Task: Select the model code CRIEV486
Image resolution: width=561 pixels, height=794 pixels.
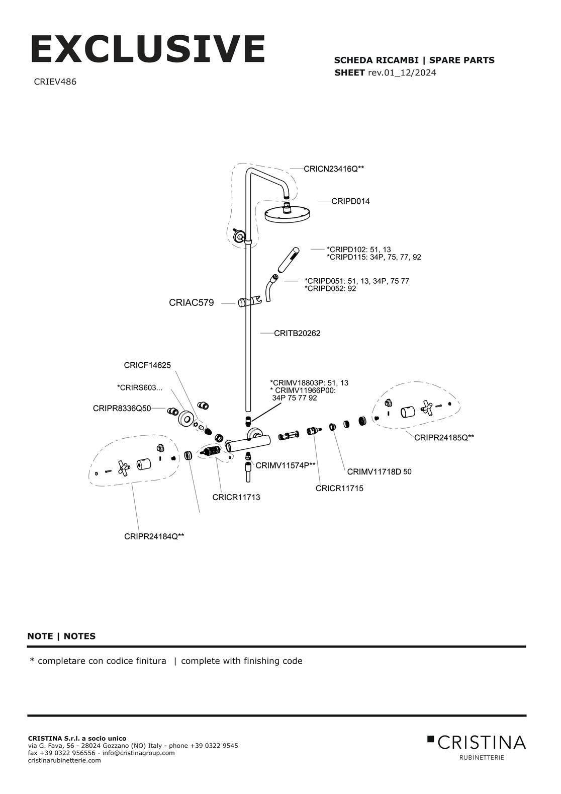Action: (55, 82)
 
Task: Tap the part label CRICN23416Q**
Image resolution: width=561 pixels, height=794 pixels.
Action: (334, 169)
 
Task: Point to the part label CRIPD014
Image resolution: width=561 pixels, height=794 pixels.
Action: (350, 201)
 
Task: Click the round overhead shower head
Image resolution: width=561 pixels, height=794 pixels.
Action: (287, 214)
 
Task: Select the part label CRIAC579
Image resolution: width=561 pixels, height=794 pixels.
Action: (191, 303)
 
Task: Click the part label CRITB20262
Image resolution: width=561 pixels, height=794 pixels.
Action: (297, 333)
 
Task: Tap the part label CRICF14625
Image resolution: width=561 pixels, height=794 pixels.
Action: (147, 365)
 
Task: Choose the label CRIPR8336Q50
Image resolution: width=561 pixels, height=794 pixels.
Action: (122, 408)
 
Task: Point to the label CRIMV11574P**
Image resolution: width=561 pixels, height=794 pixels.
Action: (286, 465)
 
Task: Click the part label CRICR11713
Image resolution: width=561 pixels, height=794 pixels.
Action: (236, 497)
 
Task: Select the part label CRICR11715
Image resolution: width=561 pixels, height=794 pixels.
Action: (339, 488)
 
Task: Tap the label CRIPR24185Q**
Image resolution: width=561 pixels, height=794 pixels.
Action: (444, 438)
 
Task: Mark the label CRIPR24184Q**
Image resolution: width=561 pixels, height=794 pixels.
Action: (154, 536)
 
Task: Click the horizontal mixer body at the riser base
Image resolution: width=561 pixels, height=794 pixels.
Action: (248, 443)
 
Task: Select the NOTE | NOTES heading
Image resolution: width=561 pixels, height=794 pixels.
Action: (61, 636)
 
